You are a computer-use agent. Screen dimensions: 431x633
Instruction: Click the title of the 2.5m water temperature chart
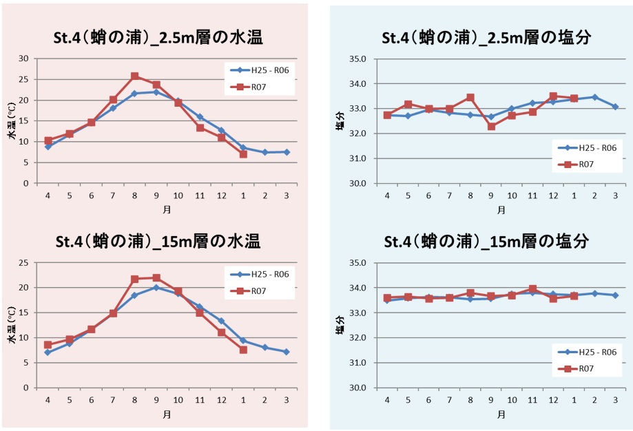pos(158,38)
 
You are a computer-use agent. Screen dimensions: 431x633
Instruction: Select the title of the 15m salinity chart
pos(486,242)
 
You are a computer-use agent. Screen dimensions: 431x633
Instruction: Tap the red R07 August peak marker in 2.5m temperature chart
pos(135,76)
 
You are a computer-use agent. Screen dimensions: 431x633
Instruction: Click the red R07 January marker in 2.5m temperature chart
pos(243,154)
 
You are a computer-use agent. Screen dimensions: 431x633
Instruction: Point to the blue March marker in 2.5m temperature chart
pos(287,152)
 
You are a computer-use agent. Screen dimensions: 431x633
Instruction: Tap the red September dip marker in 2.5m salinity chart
pos(491,127)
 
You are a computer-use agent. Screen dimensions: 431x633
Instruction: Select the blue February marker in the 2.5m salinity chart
pos(594,97)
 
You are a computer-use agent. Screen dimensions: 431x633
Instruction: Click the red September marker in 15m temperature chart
pos(156,277)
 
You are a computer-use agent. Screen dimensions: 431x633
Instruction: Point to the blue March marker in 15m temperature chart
pos(287,352)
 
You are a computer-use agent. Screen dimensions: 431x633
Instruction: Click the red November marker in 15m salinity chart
pos(532,289)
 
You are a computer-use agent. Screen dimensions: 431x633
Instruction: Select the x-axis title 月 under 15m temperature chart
pos(167,414)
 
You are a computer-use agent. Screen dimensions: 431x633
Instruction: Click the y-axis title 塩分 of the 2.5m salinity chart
pos(340,121)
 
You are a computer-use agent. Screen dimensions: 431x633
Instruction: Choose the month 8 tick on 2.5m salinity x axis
pos(470,196)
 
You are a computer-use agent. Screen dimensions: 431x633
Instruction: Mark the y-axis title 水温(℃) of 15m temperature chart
pos(11,326)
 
